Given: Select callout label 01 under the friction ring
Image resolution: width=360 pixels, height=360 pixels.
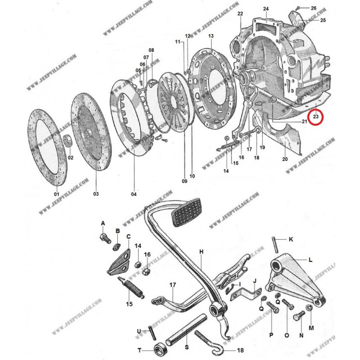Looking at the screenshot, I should pos(57,194).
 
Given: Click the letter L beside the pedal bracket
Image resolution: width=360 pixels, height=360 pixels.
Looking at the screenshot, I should pos(310,260).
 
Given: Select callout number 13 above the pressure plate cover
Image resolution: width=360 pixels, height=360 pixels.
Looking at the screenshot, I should pos(211,36).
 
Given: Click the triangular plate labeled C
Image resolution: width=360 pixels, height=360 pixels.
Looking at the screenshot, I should pos(118,263).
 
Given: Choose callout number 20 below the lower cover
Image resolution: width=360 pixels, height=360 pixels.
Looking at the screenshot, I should pos(284,159).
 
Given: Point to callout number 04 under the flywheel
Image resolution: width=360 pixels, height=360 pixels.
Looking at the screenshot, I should pos(134,194).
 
